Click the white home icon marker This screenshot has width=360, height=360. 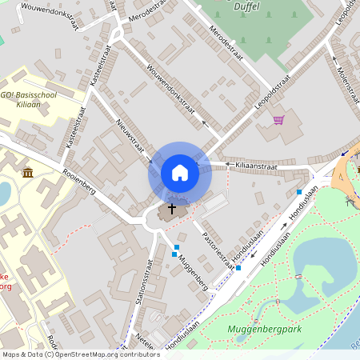pos(180,172)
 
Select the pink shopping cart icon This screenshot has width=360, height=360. pos(278,120)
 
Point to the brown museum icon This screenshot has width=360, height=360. pos(28,173)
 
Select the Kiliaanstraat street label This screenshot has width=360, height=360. pos(256,166)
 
